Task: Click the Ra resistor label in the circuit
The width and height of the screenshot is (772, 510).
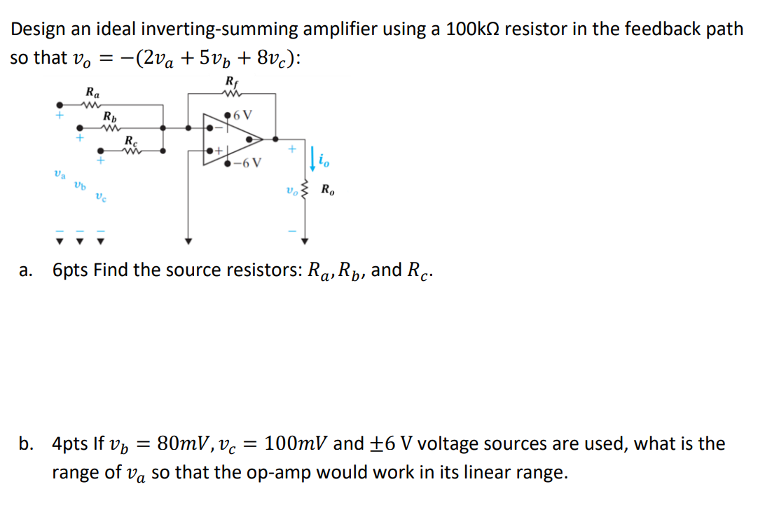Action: click(x=92, y=92)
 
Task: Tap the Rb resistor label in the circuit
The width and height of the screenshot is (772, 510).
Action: click(x=110, y=116)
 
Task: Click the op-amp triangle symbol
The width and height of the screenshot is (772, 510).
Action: click(x=232, y=139)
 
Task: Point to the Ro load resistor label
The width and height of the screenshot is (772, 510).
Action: click(x=328, y=189)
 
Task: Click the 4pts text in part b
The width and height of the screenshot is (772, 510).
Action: click(x=68, y=444)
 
